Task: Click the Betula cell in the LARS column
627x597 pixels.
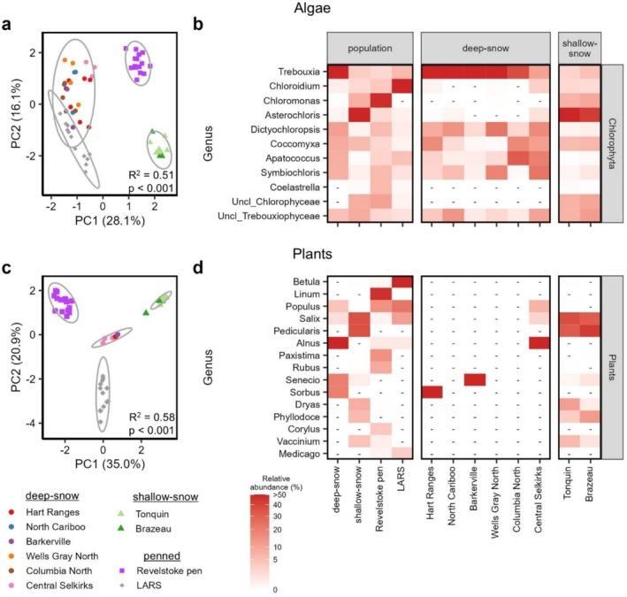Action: pyautogui.click(x=401, y=282)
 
